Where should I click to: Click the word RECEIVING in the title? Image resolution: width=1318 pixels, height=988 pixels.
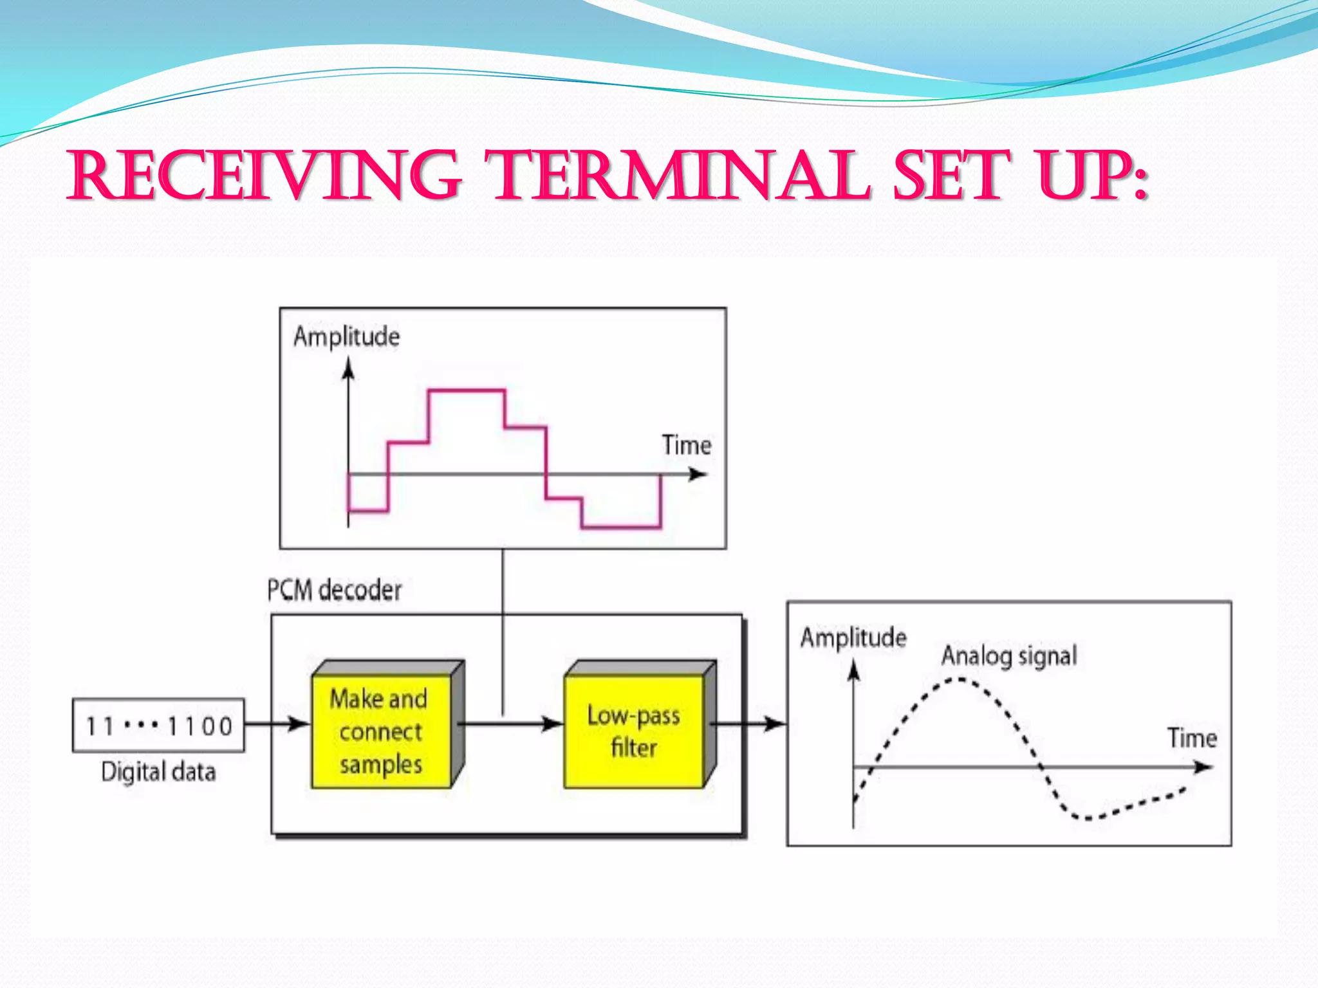click(264, 176)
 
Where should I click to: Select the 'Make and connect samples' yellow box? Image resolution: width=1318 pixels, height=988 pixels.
click(381, 731)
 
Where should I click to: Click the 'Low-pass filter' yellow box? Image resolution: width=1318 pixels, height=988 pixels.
click(634, 731)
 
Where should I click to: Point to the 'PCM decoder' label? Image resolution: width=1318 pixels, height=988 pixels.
click(334, 590)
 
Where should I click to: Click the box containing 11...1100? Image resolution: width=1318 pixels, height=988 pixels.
click(158, 726)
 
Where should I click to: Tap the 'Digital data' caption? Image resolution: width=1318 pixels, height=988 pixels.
click(158, 771)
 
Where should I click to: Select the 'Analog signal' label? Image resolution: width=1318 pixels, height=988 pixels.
click(1008, 656)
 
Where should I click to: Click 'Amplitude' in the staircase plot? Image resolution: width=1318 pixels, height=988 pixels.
click(346, 336)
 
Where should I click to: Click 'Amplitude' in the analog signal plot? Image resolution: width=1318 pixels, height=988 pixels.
click(853, 637)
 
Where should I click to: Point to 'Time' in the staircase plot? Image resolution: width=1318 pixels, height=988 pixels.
click(687, 445)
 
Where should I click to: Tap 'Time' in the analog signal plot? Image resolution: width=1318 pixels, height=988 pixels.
click(1192, 738)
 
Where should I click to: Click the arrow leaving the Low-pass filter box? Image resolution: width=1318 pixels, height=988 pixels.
click(750, 724)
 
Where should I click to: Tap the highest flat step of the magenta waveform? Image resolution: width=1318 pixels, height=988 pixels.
click(467, 390)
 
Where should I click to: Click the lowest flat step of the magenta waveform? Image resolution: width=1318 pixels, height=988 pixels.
click(621, 527)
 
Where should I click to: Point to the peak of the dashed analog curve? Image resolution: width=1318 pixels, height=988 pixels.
click(959, 679)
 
